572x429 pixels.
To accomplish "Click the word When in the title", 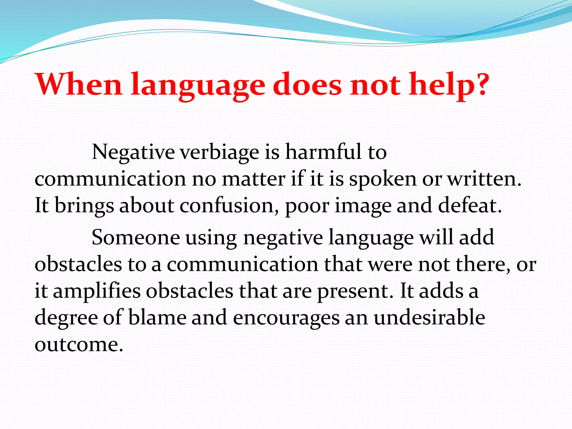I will [78, 84].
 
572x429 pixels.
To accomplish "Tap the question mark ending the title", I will [480, 84].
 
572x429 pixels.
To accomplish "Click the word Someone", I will [136, 238].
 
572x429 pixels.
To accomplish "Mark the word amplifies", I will [97, 292].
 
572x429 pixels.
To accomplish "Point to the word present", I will [355, 292].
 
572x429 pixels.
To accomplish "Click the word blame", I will [157, 318].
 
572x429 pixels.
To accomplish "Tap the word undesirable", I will [429, 318].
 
